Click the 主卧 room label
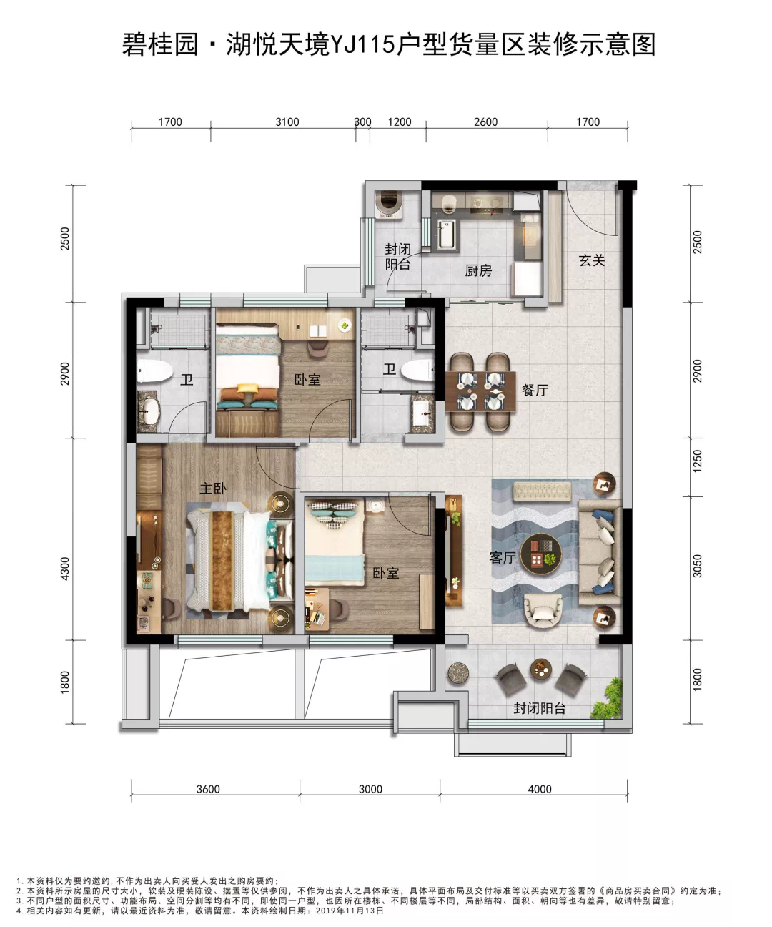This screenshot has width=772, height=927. pos(213,489)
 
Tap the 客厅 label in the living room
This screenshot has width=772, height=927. pos(503,558)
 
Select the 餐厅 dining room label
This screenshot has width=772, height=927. pos(535,391)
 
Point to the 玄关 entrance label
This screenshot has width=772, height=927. pos(592,260)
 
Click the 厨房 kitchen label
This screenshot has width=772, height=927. pos(478,270)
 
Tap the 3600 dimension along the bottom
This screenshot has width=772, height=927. pos(208,789)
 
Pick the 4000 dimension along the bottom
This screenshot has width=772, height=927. pos(540,789)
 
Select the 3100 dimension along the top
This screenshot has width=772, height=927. pos(287,122)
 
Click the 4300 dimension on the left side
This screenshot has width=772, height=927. pos(65,569)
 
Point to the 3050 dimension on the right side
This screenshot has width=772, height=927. pos(698,566)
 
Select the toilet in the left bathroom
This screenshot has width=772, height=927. pos(154,371)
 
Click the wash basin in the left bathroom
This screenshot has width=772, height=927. pos(149,411)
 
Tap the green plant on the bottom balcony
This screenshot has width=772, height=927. pos(607,698)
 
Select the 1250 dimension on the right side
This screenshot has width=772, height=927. pos(698,461)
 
